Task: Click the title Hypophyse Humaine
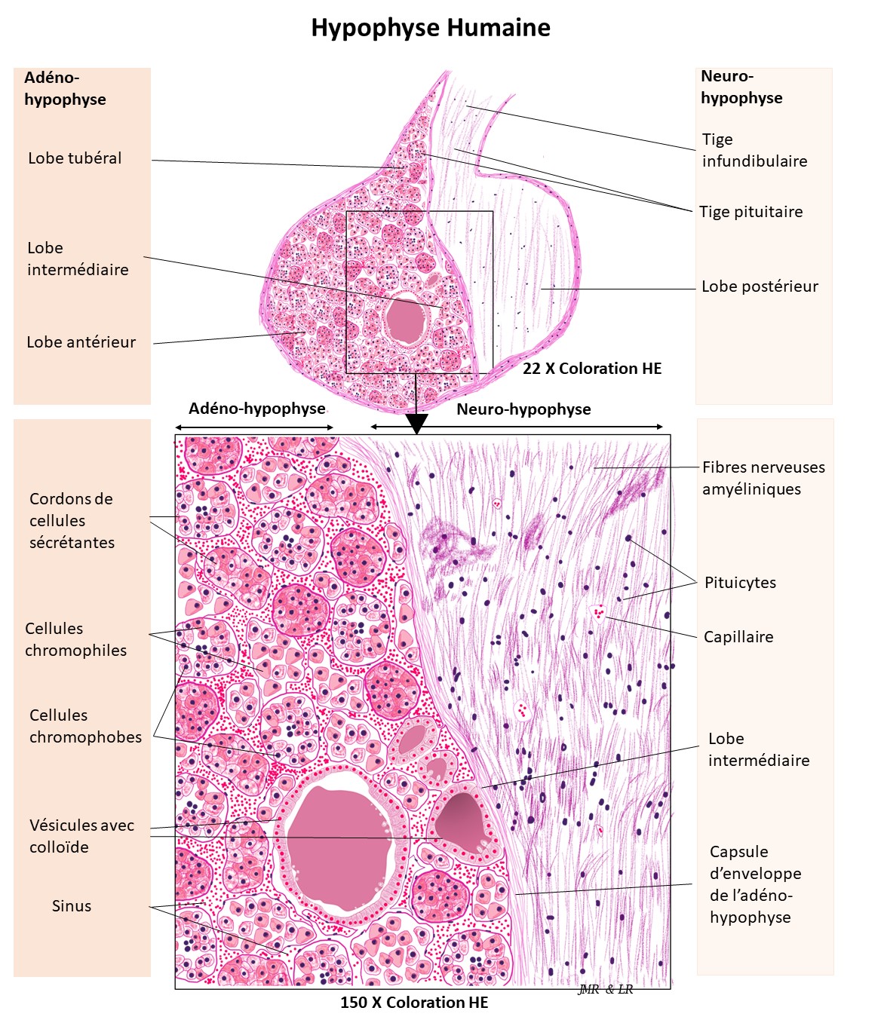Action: coord(431,28)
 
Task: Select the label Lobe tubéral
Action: coord(75,158)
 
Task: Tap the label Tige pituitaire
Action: coord(750,212)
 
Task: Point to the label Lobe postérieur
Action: coord(760,286)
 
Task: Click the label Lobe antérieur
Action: coord(81,342)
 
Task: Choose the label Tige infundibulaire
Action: coord(754,150)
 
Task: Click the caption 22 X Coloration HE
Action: coord(592,369)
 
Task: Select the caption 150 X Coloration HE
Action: coord(414,1003)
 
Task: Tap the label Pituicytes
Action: coord(740,583)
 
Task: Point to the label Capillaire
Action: coord(738,637)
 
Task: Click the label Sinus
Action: coord(72,906)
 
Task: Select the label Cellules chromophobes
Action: coord(85,726)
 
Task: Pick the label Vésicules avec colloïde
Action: coord(81,836)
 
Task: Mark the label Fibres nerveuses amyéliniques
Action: coord(763,478)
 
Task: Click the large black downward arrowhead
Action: coord(416,424)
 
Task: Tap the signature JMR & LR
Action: coord(606,990)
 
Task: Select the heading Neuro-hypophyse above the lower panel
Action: coord(523,409)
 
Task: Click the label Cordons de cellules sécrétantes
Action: coord(72,521)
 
